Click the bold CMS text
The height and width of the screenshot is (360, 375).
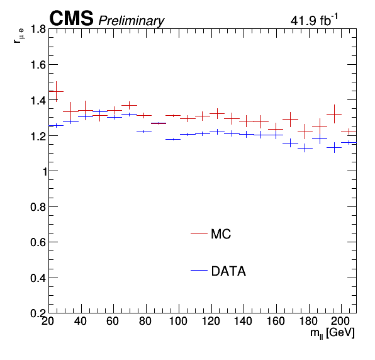(71, 18)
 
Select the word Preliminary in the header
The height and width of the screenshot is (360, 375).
(132, 21)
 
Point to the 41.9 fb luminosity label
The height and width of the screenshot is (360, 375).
(314, 20)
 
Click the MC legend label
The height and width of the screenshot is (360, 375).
(221, 234)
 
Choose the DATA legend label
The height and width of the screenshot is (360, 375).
(228, 271)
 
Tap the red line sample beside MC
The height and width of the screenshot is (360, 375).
(199, 233)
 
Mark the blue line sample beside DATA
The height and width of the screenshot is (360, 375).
(199, 270)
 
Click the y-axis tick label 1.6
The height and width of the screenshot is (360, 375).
(38, 65)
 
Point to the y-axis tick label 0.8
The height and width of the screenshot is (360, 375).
(38, 207)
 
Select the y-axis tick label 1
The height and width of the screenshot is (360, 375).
(45, 171)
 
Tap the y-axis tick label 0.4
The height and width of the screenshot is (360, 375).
(38, 278)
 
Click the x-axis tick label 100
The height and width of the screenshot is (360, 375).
(178, 321)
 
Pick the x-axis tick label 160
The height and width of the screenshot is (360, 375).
(276, 321)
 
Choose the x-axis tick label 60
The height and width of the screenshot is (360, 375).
(113, 321)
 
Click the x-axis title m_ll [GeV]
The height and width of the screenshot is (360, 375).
(332, 333)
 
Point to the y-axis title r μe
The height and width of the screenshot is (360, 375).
(19, 36)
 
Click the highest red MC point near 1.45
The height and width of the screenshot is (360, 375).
(56, 91)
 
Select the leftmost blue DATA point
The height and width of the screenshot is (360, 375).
(56, 125)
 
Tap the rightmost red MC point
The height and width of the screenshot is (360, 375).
(349, 132)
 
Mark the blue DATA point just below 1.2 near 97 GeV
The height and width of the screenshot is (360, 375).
(173, 139)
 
